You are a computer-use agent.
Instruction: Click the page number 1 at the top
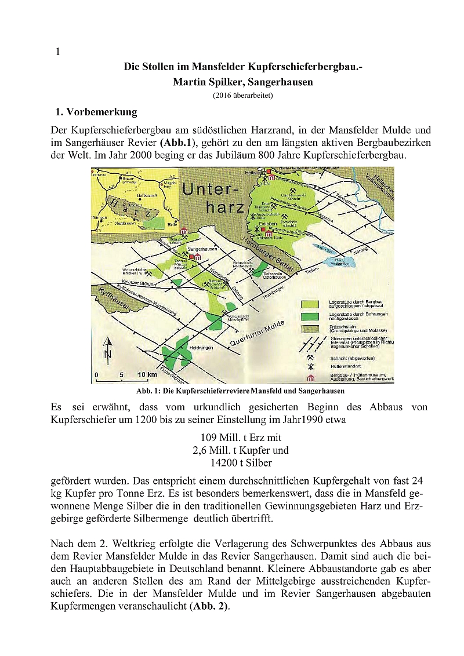point(58,52)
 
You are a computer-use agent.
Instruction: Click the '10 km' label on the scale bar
point(146,375)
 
